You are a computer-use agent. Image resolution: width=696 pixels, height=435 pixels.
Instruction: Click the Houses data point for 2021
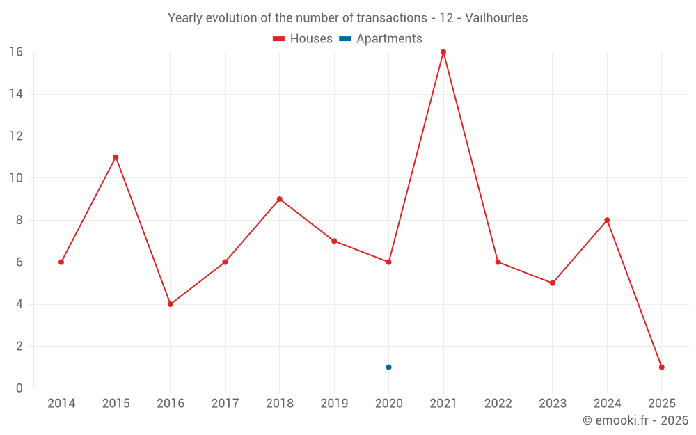point(443,52)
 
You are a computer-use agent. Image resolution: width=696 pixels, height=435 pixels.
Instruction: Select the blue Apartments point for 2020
point(388,367)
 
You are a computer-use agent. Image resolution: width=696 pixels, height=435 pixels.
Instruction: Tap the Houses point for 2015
point(116,157)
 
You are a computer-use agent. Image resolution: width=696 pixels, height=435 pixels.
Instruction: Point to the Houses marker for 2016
point(170,304)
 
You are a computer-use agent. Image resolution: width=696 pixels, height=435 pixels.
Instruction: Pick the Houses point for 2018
point(279,199)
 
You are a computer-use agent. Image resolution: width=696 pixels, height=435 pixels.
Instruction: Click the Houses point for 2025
point(661,367)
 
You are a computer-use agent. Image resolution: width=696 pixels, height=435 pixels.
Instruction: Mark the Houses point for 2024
point(607,220)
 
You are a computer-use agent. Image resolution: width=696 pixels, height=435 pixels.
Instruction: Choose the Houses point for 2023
point(553,283)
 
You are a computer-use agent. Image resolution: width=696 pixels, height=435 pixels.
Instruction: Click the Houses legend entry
point(303,39)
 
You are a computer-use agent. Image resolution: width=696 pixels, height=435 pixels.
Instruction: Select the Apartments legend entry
point(381,39)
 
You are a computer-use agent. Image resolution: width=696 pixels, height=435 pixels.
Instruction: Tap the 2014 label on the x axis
point(61,404)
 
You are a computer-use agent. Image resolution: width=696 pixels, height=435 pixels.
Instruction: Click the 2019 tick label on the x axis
point(334,404)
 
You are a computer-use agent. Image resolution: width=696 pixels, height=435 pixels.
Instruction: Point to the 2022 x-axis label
point(498,404)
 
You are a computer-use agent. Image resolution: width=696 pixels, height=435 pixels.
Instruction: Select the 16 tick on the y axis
point(16,52)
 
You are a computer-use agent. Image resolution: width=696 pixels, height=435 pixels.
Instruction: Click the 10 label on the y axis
point(16,178)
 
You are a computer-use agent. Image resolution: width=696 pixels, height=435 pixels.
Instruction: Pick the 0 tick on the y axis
point(19,388)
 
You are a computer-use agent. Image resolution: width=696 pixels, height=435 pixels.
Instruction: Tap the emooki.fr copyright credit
point(635,420)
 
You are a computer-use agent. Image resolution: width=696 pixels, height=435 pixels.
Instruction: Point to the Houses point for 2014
point(61,262)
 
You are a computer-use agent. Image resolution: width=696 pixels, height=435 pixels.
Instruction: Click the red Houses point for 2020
point(388,262)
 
